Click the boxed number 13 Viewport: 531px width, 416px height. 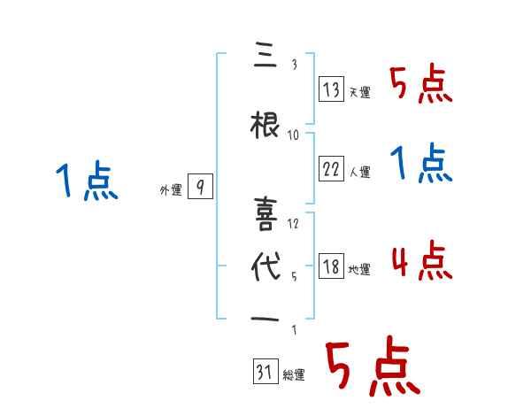pyautogui.click(x=331, y=90)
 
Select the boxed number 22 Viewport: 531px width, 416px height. pyautogui.click(x=331, y=169)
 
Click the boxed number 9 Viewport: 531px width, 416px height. pyautogui.click(x=201, y=187)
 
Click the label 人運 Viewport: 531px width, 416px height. pyautogui.click(x=360, y=172)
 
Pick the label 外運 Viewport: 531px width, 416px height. pyautogui.click(x=171, y=189)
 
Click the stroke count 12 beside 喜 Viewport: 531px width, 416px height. pyautogui.click(x=294, y=223)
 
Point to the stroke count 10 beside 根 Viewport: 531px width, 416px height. pyautogui.click(x=294, y=135)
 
